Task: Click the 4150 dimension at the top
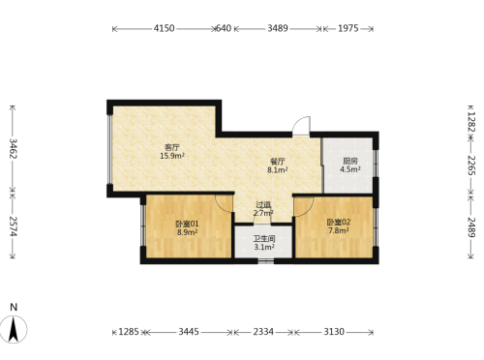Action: coord(164,28)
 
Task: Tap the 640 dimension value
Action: coord(224,28)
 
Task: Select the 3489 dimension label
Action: coord(278,28)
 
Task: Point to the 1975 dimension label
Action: coord(348,28)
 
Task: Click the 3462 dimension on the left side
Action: coord(13,148)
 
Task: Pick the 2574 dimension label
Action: coord(13,226)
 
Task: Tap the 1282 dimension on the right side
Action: coord(471,122)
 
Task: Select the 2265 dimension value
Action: coord(471,165)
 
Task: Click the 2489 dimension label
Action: coord(471,227)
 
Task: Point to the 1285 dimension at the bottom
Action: coord(129,332)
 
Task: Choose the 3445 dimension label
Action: coord(189,332)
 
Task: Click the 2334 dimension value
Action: coord(263,332)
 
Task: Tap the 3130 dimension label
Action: coord(334,332)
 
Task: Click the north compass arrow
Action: coord(14,329)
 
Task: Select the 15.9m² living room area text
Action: coord(172,156)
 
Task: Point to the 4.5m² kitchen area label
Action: coord(350,169)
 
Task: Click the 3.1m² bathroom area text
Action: coord(264,248)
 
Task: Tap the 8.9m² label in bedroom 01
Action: coord(187,232)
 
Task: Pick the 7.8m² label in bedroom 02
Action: coord(339,230)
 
